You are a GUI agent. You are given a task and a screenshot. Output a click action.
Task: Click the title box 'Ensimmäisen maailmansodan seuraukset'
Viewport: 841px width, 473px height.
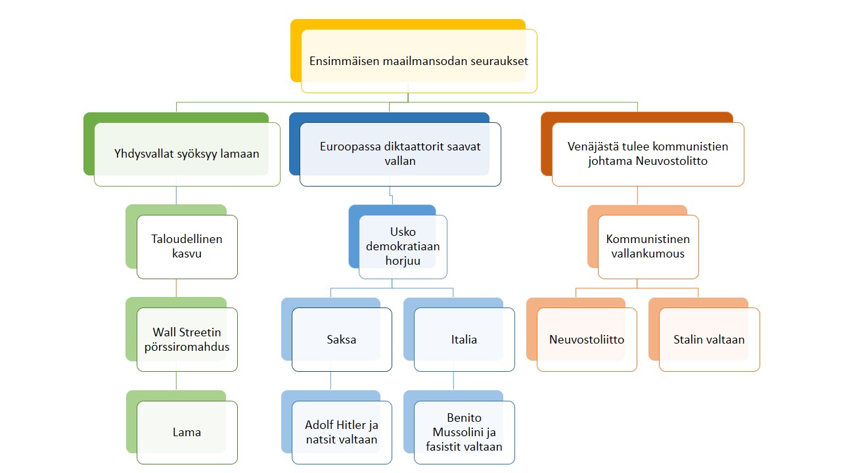point(419,61)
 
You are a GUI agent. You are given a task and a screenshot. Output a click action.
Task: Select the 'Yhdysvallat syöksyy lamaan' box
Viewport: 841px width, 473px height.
point(187,154)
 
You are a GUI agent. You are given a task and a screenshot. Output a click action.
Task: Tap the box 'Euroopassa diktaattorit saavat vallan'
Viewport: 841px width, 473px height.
point(399,154)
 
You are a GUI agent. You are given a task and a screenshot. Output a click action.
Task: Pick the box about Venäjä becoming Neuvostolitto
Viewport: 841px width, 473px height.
point(648,154)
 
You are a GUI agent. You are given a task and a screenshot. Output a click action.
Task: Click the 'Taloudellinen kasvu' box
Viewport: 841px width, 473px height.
point(187,246)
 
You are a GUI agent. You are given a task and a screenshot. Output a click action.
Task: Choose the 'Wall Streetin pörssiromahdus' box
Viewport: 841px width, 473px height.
point(187,340)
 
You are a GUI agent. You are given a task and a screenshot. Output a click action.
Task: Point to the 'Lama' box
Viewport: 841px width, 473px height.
point(187,432)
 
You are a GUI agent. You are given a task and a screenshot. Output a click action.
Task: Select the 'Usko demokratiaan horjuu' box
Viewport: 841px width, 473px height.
point(403,246)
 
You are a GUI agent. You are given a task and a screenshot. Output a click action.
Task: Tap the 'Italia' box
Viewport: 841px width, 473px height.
point(464,340)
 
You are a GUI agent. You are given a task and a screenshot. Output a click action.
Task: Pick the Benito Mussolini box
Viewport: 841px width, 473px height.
point(464,432)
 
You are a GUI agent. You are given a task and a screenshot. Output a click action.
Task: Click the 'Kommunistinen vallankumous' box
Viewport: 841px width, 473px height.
point(648,246)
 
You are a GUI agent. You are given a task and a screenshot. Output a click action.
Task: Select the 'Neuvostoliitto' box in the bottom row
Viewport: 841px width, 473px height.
point(587,340)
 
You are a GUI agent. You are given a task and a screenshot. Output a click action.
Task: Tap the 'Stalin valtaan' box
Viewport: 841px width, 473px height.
point(709,340)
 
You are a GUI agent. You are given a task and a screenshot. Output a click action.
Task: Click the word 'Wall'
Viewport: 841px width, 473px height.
point(165,332)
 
